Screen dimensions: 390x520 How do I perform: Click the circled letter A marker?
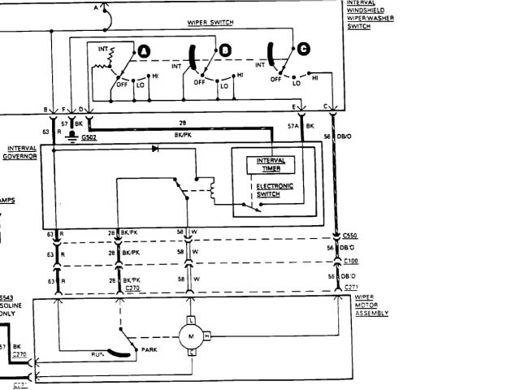pos(144,51)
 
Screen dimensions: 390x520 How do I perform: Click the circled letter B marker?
pos(225,51)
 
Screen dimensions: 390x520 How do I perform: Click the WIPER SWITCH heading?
pos(210,23)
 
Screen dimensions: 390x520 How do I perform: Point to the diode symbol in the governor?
pos(154,149)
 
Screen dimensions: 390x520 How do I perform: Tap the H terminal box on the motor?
pos(207,336)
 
